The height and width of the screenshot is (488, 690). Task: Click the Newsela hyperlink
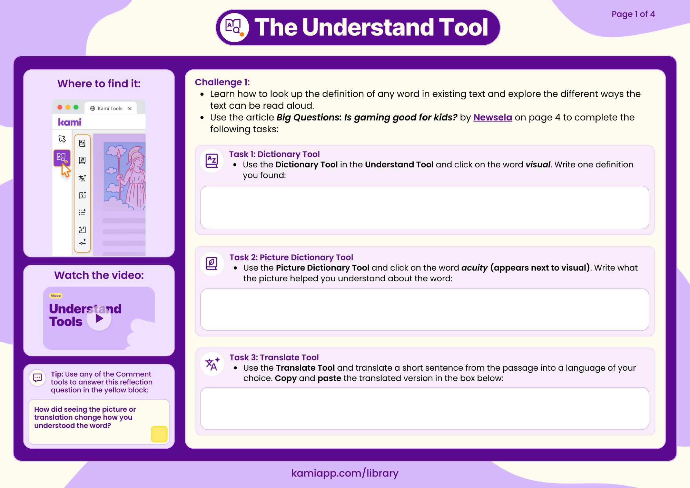point(492,117)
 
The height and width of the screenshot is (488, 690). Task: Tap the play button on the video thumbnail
point(99,318)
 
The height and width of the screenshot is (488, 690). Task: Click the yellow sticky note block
point(159,434)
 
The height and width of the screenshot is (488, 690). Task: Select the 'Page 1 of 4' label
point(633,14)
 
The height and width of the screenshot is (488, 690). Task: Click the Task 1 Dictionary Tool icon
point(211,161)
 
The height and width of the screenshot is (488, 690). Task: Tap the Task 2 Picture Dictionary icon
point(211,264)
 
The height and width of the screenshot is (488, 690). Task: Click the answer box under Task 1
point(424,207)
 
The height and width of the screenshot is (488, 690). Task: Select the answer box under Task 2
point(424,310)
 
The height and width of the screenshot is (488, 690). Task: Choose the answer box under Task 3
point(424,408)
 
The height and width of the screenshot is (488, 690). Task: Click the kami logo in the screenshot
point(70,122)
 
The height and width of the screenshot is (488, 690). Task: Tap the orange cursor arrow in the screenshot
point(65,170)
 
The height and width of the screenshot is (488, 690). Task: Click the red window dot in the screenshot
point(60,107)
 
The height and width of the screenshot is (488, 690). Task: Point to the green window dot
point(76,107)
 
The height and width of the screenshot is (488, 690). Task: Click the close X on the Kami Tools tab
point(130,108)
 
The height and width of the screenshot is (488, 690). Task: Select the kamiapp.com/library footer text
point(345,473)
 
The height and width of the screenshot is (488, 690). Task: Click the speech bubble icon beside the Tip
point(38,378)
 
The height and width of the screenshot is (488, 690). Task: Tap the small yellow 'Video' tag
point(56,296)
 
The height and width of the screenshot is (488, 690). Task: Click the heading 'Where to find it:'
point(99,84)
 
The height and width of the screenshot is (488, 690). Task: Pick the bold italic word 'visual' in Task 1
point(538,165)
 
